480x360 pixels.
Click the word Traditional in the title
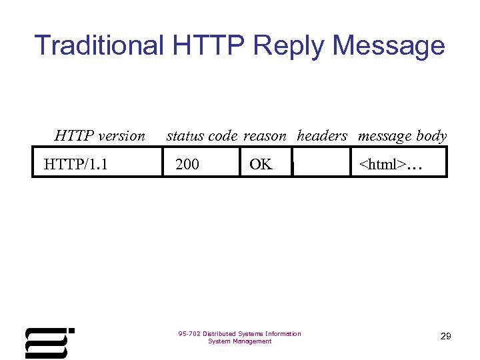point(99,45)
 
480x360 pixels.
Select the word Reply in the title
point(289,45)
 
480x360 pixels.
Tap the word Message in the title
point(388,45)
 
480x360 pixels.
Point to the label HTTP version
point(99,136)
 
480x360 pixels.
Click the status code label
point(201,136)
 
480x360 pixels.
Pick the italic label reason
point(265,136)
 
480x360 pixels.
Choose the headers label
point(322,136)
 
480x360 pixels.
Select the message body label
point(402,136)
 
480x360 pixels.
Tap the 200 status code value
point(187,164)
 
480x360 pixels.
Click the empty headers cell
point(322,164)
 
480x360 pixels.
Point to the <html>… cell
point(391,164)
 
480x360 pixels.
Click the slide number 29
point(446,337)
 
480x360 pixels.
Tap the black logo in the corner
point(48,343)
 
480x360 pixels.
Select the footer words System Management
point(240,341)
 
